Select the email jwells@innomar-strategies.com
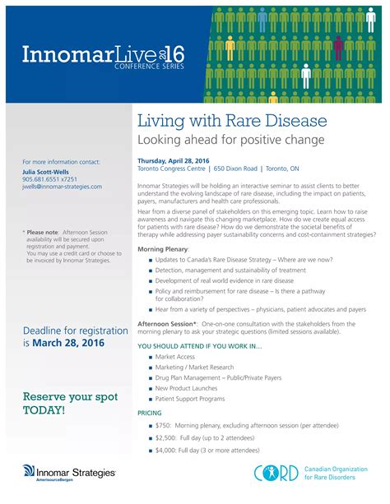63,187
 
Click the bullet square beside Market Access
150,357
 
